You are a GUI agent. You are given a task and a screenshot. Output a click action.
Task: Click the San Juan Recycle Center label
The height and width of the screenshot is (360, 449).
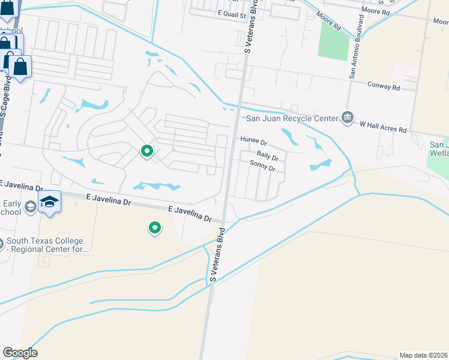292,118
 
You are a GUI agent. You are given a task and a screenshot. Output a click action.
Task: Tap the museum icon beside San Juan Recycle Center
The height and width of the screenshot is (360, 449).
348,117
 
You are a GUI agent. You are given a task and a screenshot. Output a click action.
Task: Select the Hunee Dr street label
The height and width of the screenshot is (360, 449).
253,141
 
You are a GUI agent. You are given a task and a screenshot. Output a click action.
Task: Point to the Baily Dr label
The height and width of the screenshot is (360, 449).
268,157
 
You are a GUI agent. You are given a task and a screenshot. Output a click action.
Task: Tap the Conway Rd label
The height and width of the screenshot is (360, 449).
384,87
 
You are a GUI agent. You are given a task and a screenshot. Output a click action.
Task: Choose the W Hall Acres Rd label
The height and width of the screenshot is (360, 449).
383,129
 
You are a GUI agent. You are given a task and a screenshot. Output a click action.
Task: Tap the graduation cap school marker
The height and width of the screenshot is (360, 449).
50,202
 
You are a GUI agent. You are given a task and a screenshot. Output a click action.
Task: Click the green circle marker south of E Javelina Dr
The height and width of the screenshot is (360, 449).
155,228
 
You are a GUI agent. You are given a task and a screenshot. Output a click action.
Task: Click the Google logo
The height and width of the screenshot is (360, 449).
20,353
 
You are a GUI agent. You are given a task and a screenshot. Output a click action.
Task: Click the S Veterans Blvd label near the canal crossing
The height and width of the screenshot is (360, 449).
217,254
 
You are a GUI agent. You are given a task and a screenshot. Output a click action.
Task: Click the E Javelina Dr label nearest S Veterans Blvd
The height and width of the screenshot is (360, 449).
190,214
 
